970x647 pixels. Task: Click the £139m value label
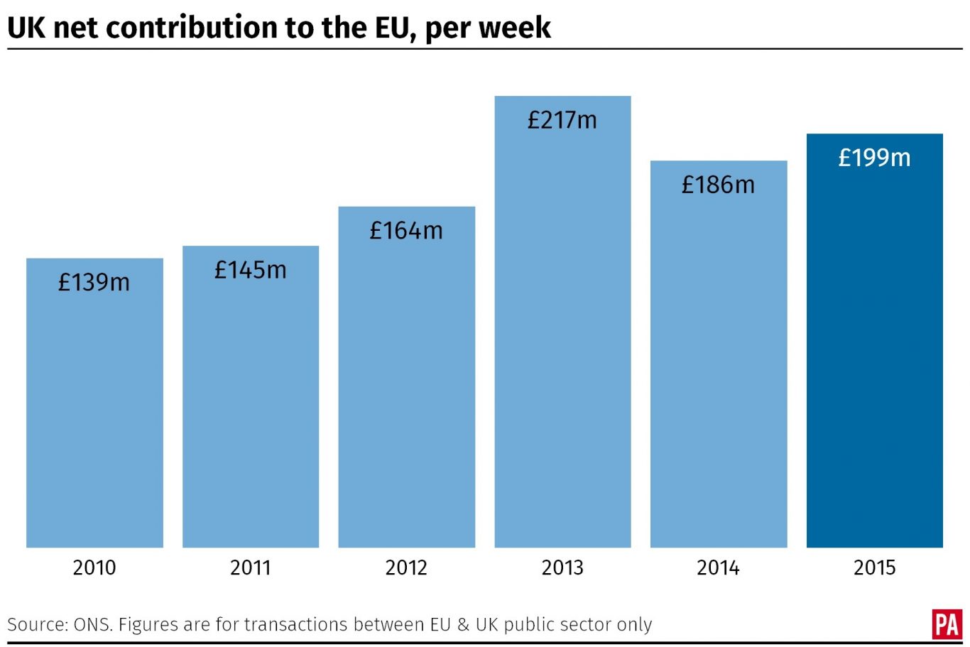click(x=94, y=283)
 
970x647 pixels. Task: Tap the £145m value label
click(x=250, y=270)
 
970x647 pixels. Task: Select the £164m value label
click(x=406, y=231)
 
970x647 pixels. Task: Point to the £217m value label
click(x=562, y=120)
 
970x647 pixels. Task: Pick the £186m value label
click(x=718, y=185)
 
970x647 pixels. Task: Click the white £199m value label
click(x=874, y=158)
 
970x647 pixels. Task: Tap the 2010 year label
click(x=94, y=567)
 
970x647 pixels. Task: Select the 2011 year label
click(x=250, y=567)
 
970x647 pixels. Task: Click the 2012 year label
click(x=406, y=567)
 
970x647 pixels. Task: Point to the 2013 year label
click(x=562, y=567)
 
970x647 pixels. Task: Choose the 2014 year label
click(x=718, y=567)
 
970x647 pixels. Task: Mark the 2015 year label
click(x=874, y=567)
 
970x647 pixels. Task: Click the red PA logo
click(x=947, y=624)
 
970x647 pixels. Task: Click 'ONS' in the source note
click(x=92, y=625)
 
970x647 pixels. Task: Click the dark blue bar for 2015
click(x=874, y=355)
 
